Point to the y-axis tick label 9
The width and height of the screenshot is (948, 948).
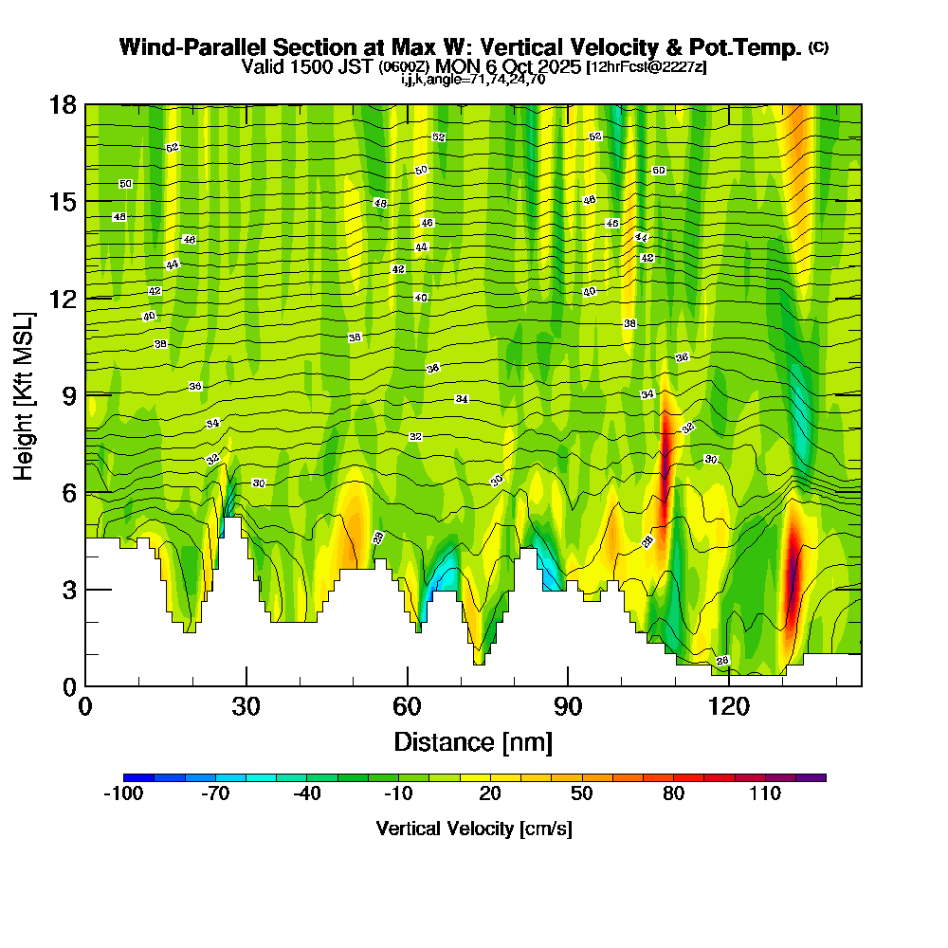pyautogui.click(x=67, y=395)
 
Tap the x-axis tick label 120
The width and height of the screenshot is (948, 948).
pyautogui.click(x=728, y=706)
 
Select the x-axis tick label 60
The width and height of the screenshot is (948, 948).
pyautogui.click(x=407, y=706)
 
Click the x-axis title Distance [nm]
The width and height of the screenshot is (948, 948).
pyautogui.click(x=473, y=740)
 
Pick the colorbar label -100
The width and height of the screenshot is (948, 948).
pyautogui.click(x=122, y=793)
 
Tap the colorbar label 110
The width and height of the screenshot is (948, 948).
pyautogui.click(x=764, y=793)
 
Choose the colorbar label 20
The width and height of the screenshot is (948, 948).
pyautogui.click(x=490, y=793)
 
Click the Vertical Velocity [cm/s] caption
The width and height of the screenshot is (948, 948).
pyautogui.click(x=473, y=829)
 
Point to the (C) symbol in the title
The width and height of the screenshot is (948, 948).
pyautogui.click(x=818, y=46)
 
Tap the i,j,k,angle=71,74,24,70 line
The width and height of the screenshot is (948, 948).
pyautogui.click(x=473, y=80)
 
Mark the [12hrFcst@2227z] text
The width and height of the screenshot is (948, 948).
pyautogui.click(x=647, y=67)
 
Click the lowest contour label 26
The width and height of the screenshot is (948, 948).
pyautogui.click(x=722, y=661)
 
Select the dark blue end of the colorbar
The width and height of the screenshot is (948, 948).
pyautogui.click(x=132, y=777)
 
